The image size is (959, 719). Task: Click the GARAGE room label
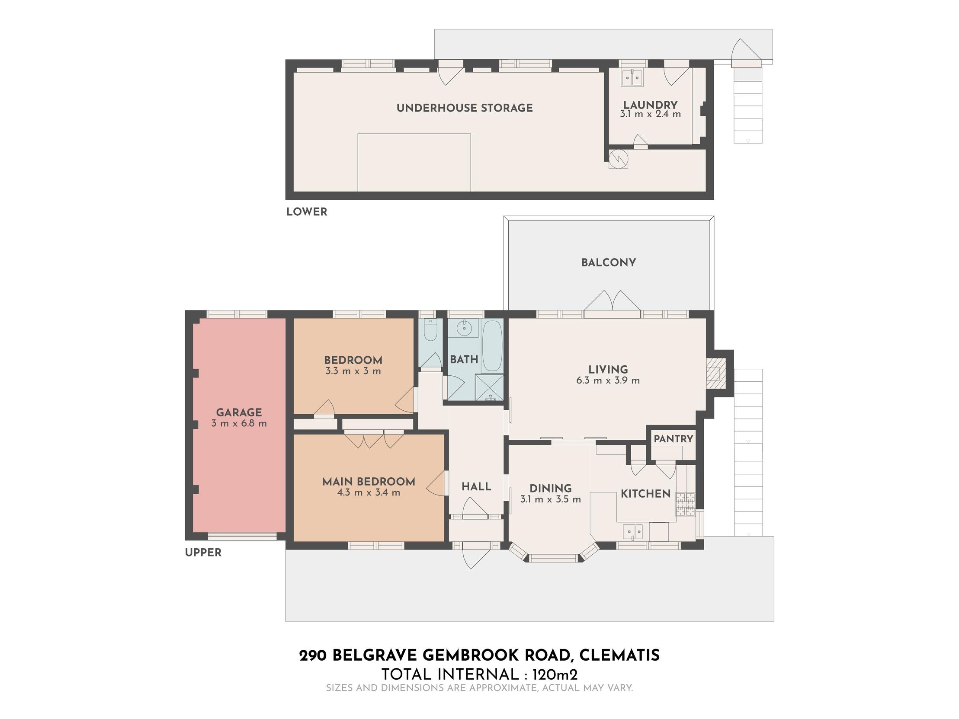click(x=239, y=412)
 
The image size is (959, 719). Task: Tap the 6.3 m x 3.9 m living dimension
click(x=608, y=380)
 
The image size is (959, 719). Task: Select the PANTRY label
click(x=674, y=438)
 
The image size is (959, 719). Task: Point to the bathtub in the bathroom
click(x=492, y=345)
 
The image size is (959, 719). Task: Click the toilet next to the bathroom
click(x=430, y=330)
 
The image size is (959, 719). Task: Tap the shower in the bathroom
click(x=490, y=387)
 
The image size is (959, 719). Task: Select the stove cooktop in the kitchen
click(x=686, y=505)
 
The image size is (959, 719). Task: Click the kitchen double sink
click(x=633, y=531)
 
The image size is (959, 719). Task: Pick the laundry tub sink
click(x=632, y=78)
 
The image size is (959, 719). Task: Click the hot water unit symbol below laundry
click(x=618, y=159)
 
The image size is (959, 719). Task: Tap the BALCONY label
click(x=608, y=262)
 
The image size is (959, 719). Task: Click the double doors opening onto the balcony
click(x=612, y=304)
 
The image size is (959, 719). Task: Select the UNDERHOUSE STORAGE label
click(x=464, y=108)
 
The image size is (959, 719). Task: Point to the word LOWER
click(x=307, y=212)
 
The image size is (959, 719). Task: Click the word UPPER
click(x=203, y=553)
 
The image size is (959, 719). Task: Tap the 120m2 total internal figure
click(x=555, y=675)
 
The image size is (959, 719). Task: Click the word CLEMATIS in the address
click(x=619, y=656)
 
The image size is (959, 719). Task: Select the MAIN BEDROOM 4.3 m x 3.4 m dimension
click(x=369, y=493)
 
